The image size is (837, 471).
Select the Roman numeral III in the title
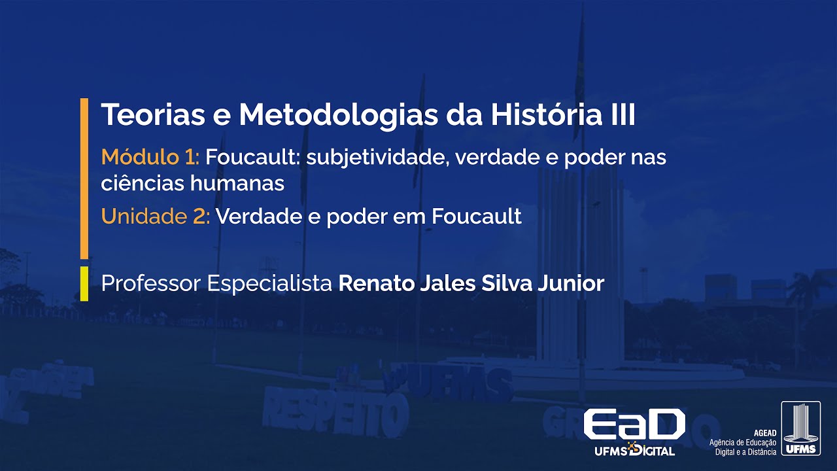[619, 116]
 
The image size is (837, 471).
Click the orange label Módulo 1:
[150, 157]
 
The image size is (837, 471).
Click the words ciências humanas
[193, 184]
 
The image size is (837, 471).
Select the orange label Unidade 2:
[156, 217]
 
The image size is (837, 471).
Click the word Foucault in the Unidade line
[476, 217]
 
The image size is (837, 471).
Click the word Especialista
[269, 284]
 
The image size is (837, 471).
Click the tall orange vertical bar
[84, 178]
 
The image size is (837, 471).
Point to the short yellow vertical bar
[84, 283]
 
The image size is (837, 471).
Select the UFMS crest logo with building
[800, 428]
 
